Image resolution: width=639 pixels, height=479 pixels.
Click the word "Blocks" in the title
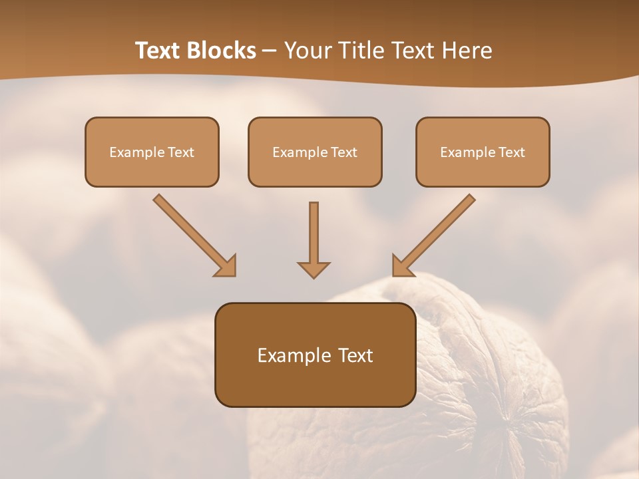223,51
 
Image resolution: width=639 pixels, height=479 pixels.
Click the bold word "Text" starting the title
160,51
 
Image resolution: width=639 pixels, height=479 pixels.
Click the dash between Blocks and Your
270,51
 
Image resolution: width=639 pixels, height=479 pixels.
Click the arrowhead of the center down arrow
314,269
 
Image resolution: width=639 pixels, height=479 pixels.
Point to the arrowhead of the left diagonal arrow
226,267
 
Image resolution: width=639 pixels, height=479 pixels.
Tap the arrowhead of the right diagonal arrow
402,267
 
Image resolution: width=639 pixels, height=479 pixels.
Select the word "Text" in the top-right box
512,152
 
